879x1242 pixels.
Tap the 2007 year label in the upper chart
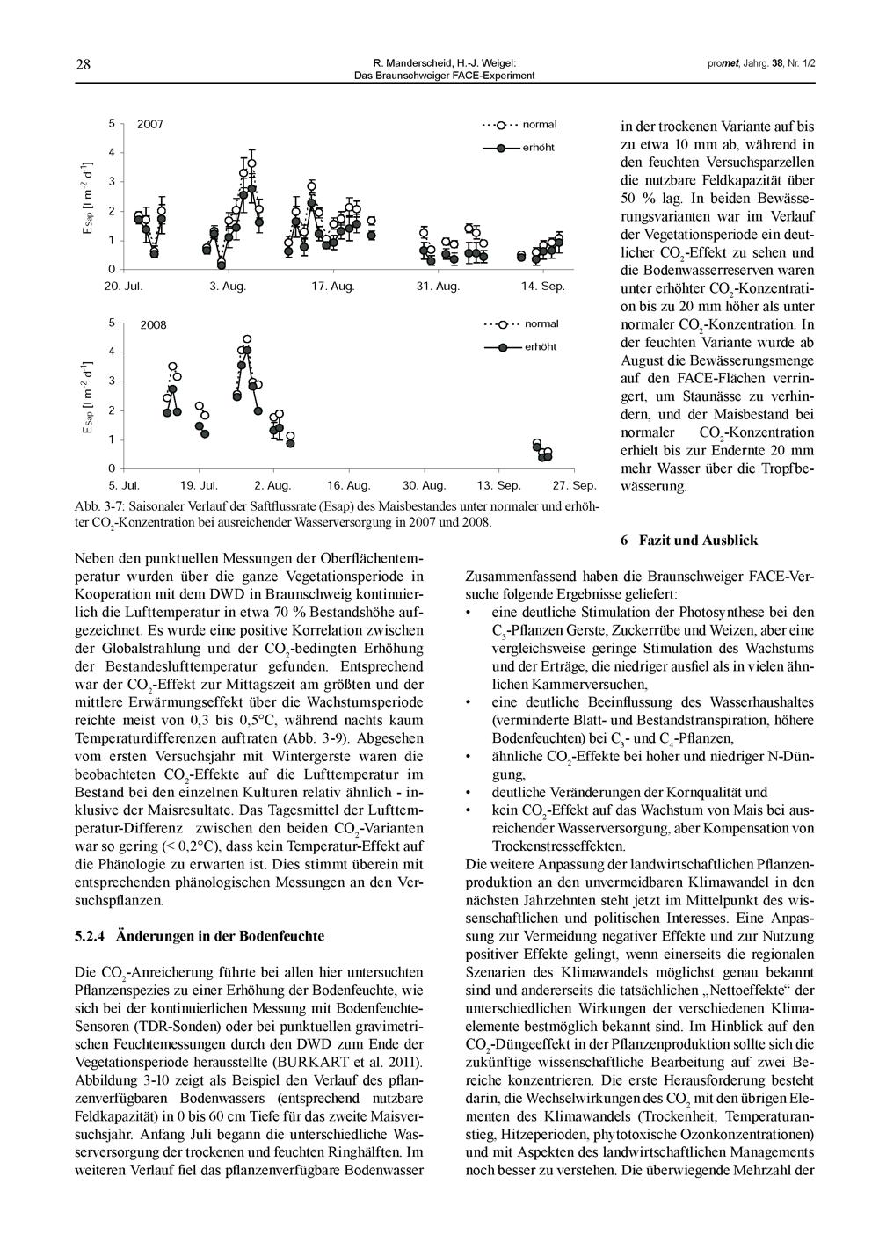(149, 125)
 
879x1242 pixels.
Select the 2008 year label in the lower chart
(153, 325)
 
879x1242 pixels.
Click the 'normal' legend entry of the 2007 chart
(540, 125)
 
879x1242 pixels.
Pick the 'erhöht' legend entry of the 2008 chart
(541, 347)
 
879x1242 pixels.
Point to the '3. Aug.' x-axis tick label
(228, 287)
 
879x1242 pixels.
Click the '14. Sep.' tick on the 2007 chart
(542, 287)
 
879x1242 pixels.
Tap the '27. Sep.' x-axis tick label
(575, 485)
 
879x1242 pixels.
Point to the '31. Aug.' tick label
(439, 287)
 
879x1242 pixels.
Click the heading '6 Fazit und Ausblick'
(688, 541)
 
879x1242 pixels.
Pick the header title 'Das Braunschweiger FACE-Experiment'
(444, 76)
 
